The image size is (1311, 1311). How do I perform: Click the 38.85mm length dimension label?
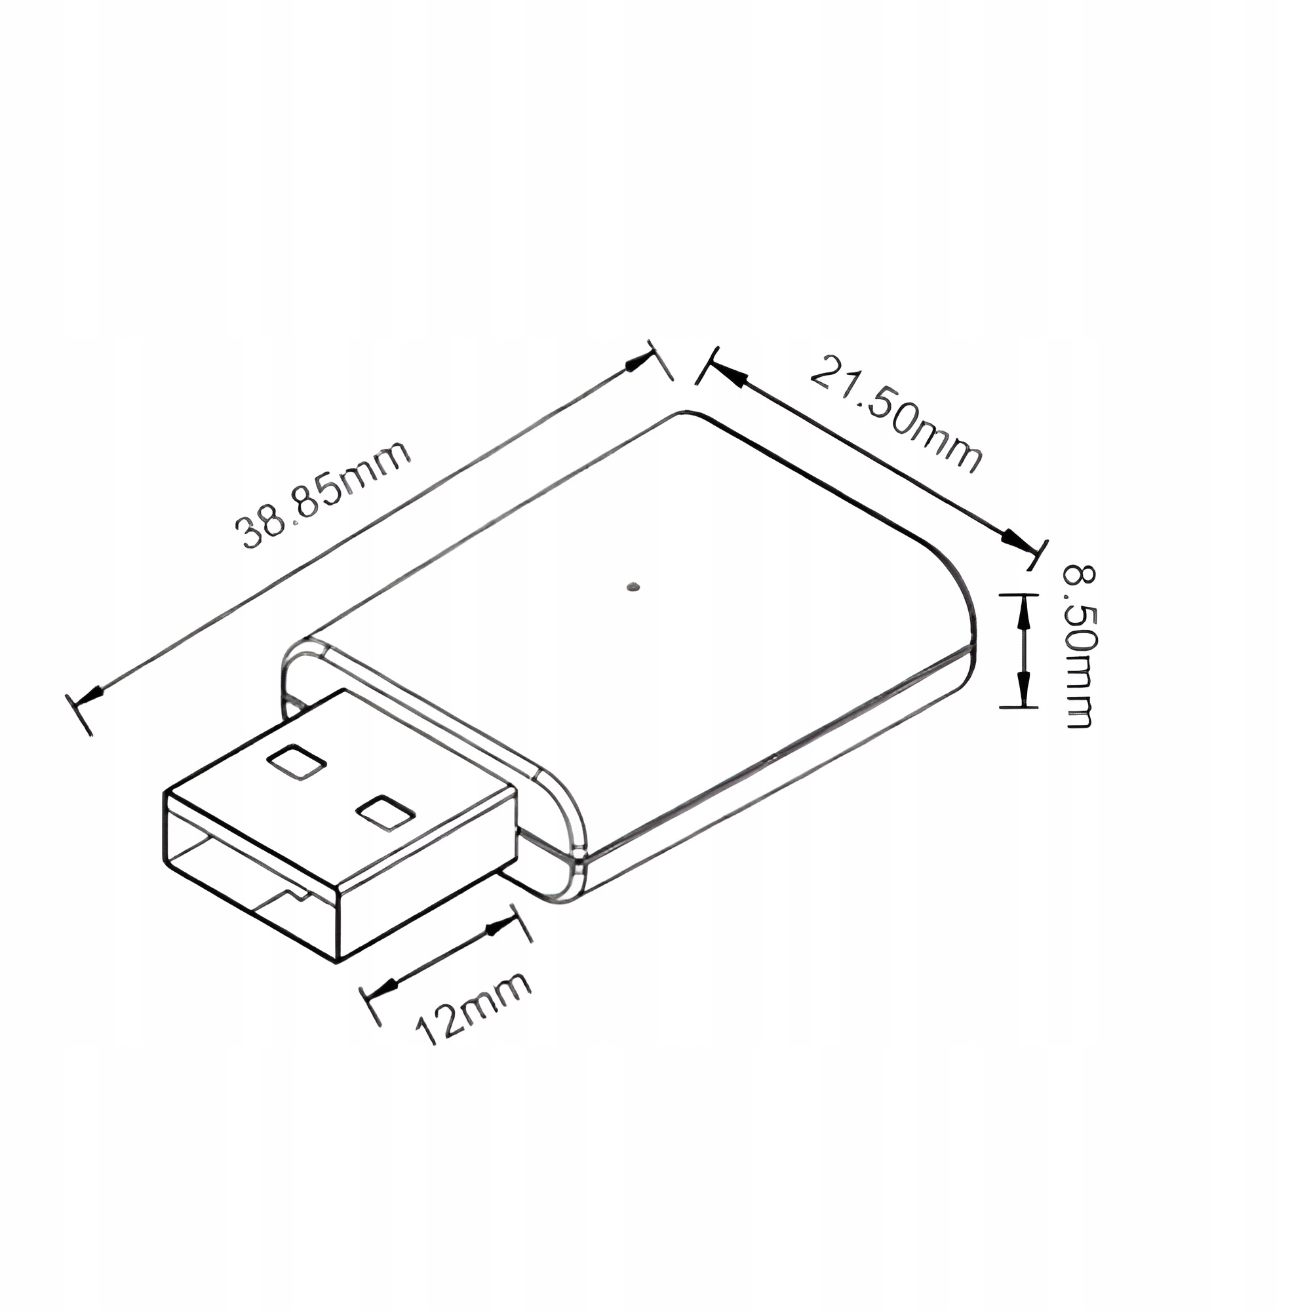(323, 495)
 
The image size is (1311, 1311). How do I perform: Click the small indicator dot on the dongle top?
(635, 585)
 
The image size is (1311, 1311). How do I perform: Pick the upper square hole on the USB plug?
(296, 763)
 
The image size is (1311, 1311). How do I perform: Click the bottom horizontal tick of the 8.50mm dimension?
(1019, 707)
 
